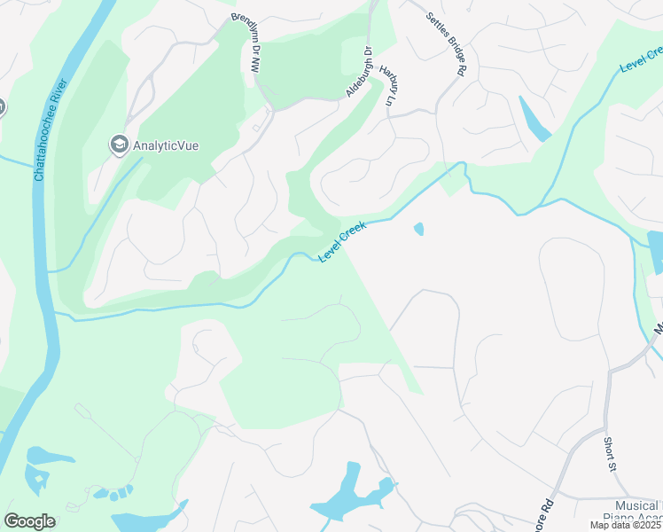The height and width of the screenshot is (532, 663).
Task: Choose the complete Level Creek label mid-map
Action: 342,241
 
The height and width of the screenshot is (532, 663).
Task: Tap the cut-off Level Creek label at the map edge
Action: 641,55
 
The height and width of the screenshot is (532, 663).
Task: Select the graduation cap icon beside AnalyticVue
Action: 119,144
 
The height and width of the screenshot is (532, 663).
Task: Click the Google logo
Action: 29,521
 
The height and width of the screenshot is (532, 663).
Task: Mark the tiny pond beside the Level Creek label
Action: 418,230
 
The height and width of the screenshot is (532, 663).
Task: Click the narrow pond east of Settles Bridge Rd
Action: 534,120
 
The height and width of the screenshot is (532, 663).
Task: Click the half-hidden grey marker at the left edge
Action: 2,107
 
